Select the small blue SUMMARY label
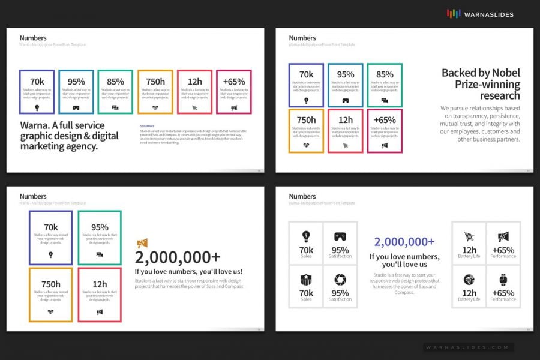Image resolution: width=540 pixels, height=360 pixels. (x=147, y=126)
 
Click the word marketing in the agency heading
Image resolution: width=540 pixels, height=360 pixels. (x=41, y=146)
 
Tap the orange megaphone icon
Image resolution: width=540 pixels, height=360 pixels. (x=143, y=243)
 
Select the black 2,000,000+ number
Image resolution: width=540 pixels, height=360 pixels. (x=178, y=257)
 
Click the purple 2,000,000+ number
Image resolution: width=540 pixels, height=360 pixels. (x=404, y=242)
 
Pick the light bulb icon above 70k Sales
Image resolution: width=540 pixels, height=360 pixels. (x=306, y=236)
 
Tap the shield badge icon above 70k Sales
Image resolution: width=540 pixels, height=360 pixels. (x=306, y=279)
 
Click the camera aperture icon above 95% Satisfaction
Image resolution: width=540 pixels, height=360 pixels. (x=340, y=279)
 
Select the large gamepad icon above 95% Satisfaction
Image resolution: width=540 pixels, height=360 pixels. (x=340, y=236)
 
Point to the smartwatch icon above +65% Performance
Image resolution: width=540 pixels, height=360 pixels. (x=503, y=279)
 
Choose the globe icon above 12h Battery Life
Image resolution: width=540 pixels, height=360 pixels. (x=469, y=279)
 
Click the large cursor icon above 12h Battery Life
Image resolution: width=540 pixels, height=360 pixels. (x=469, y=236)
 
